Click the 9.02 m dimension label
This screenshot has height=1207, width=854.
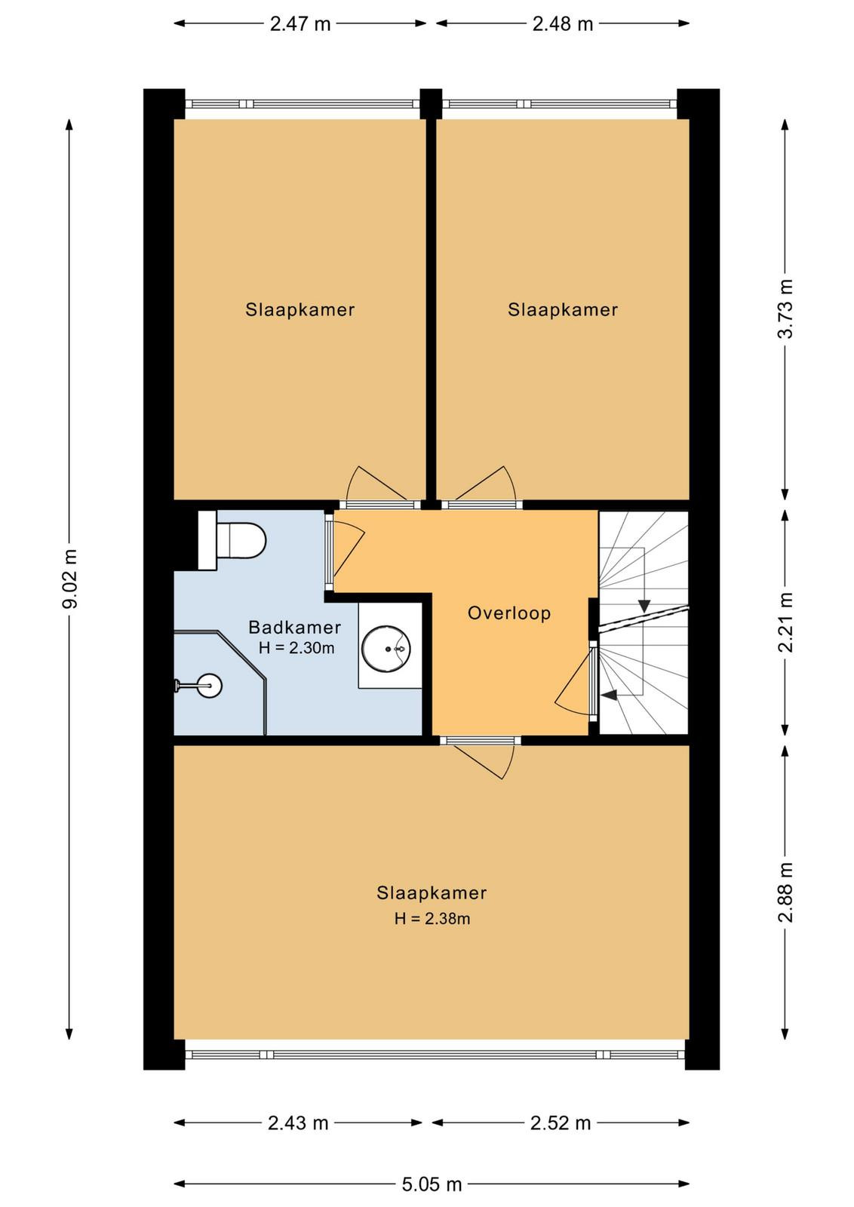(70, 579)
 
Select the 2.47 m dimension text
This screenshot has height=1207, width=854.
(300, 24)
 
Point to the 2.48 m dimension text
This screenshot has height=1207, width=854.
(563, 24)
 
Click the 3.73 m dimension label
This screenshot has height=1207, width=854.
(786, 309)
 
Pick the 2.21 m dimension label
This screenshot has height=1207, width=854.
(786, 622)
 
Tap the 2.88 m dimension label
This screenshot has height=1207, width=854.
(786, 892)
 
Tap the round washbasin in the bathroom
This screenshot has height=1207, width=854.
(386, 649)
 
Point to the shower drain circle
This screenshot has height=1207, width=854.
(210, 686)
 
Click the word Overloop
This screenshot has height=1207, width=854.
(509, 613)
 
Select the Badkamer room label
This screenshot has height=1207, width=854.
(295, 627)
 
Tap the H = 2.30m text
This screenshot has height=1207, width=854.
(296, 648)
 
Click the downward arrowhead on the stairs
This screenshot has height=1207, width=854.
(644, 606)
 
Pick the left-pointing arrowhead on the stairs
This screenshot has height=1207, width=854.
(609, 696)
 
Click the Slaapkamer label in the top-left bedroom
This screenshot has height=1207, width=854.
(300, 310)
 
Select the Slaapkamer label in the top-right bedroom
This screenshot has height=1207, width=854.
(563, 310)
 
